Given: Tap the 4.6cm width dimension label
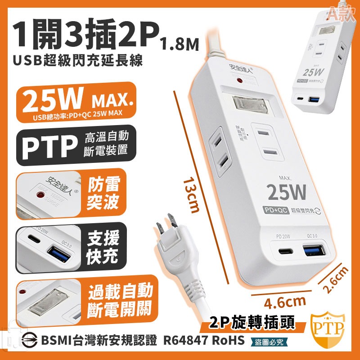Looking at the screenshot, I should click(279, 300).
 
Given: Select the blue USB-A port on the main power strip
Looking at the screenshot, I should click(313, 250).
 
